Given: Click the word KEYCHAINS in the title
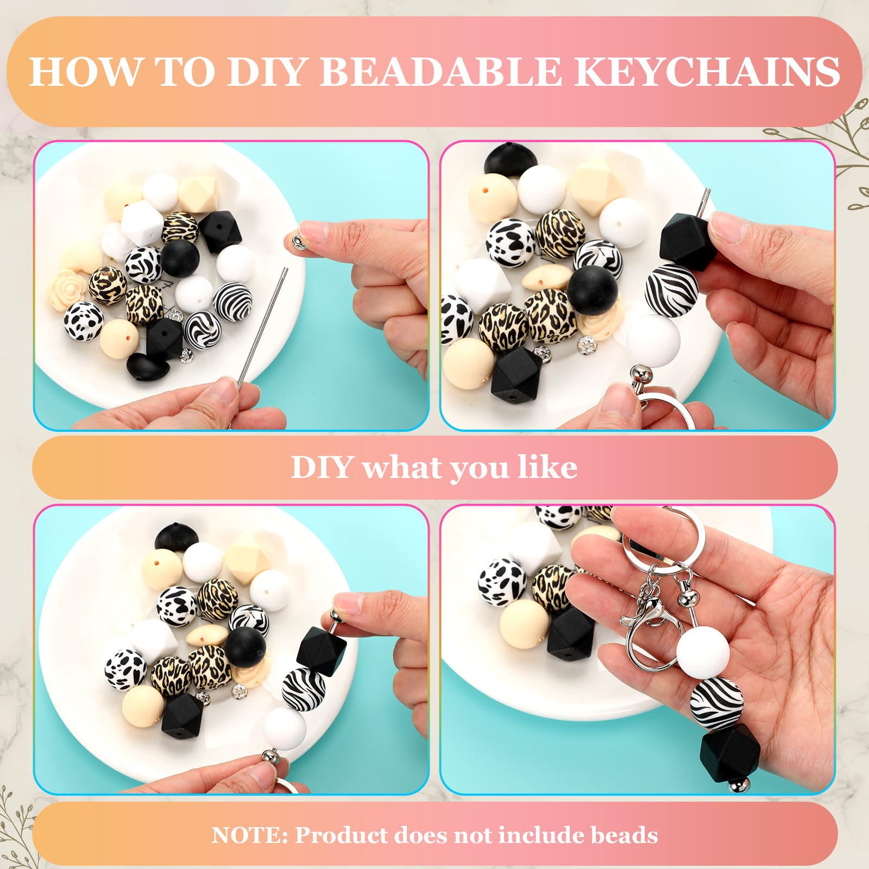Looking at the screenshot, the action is pyautogui.click(x=707, y=71).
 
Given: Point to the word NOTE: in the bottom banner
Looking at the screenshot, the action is pyautogui.click(x=250, y=835).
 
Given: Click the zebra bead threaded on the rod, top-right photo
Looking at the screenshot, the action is pyautogui.click(x=671, y=289).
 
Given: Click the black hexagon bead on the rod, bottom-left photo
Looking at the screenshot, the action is pyautogui.click(x=322, y=651).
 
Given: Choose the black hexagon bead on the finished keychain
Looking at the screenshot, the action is pyautogui.click(x=731, y=753).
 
